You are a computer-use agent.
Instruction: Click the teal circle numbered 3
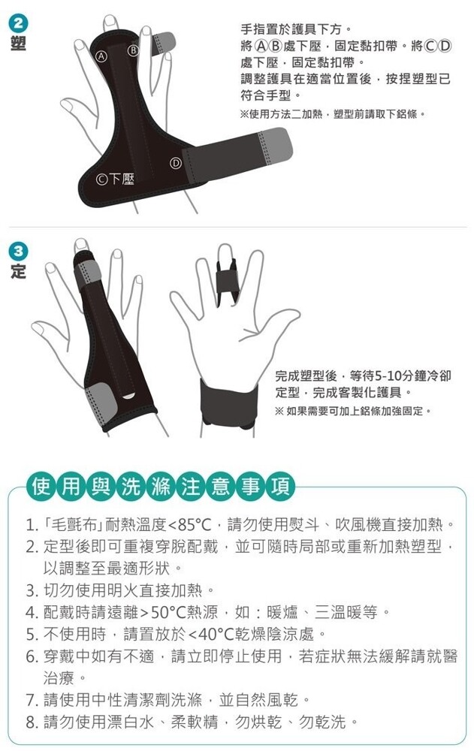click(18, 252)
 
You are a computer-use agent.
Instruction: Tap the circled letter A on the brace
click(101, 56)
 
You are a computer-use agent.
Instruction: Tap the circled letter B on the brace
click(133, 50)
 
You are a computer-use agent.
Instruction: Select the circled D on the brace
click(176, 163)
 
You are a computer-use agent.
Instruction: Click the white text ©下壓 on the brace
click(115, 179)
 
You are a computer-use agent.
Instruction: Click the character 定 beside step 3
click(18, 271)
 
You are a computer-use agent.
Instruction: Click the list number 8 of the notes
click(32, 722)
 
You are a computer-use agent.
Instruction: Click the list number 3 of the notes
click(32, 590)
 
